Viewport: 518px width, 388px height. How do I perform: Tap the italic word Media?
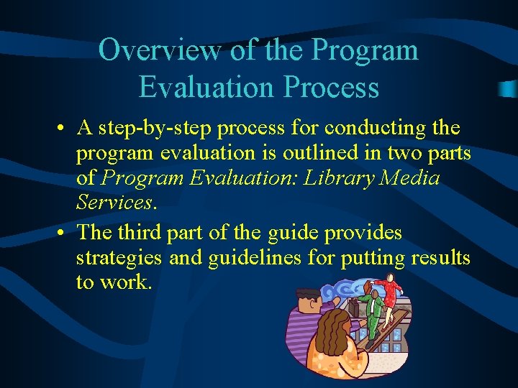coord(409,178)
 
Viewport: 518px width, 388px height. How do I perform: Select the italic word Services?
coord(114,203)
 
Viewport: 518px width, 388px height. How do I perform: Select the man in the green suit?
coord(372,309)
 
